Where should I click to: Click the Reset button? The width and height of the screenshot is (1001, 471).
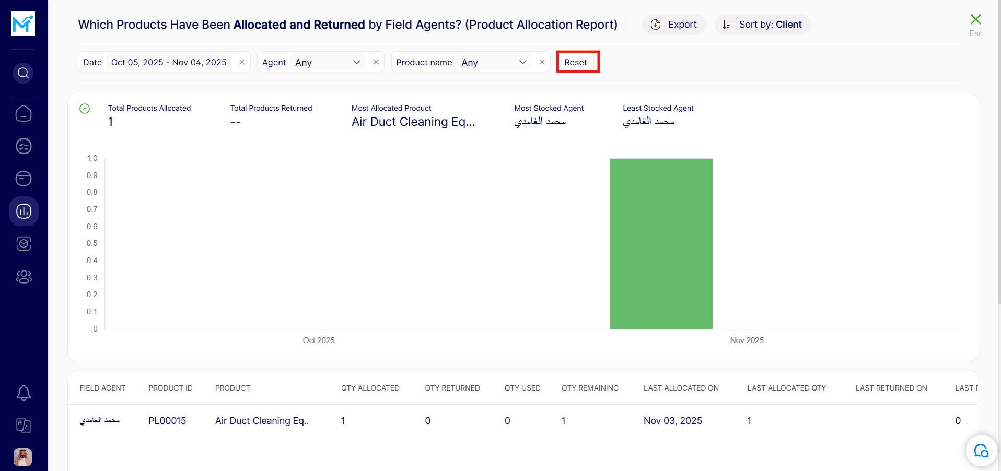coord(577,62)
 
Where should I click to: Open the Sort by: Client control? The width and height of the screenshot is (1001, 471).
coord(763,25)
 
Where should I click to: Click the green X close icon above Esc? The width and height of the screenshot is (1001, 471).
coord(975,20)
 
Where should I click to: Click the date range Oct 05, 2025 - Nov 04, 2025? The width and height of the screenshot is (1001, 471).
coord(169,62)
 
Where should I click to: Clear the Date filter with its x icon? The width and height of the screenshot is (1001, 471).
coord(242,62)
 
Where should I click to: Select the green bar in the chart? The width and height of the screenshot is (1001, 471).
coord(661,244)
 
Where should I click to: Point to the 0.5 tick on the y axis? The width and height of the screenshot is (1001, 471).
coord(92,243)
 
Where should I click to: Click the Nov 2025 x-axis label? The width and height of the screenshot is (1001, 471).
coord(747,340)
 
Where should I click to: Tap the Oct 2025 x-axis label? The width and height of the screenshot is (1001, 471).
coord(319,340)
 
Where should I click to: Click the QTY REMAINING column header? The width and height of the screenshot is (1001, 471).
coord(590,388)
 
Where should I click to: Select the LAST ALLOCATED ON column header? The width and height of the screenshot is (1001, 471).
coord(681,388)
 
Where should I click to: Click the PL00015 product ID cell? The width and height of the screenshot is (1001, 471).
coord(167,421)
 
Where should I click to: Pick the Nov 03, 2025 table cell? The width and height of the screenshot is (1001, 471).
coord(672,421)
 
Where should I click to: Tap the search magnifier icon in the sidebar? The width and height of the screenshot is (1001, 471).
coord(23,73)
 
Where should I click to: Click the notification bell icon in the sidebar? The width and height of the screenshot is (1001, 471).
coord(24,393)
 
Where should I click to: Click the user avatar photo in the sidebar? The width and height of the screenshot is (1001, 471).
coord(23,457)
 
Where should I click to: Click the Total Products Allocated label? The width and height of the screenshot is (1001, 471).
coord(149,108)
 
